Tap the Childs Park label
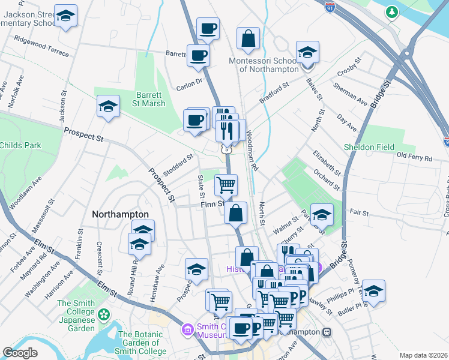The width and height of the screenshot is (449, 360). (20, 145)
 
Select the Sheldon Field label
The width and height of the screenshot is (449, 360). (369, 147)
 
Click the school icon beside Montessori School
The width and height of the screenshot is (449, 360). (307, 52)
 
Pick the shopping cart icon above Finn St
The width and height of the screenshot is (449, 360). (226, 185)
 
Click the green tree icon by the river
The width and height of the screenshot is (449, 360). (392, 11)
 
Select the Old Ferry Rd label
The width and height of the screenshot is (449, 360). (415, 158)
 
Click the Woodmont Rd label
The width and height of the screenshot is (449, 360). (252, 151)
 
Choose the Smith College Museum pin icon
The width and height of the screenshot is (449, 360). (187, 329)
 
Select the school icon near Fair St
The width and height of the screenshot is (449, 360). (322, 214)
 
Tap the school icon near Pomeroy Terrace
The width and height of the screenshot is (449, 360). (373, 291)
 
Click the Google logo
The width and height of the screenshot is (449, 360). (20, 353)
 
